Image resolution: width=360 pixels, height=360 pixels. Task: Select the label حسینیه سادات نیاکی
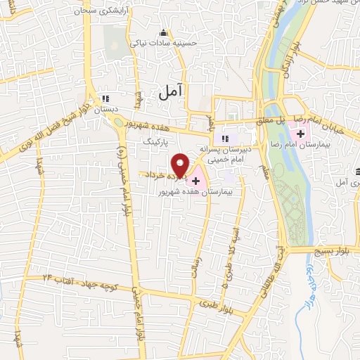[163, 42]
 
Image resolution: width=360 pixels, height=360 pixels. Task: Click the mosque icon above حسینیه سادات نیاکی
[164, 32]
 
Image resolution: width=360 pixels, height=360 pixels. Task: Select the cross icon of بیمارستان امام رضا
[301, 134]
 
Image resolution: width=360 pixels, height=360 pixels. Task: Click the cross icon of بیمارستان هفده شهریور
[195, 181]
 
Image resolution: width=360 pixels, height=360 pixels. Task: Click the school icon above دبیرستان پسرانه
[225, 138]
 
